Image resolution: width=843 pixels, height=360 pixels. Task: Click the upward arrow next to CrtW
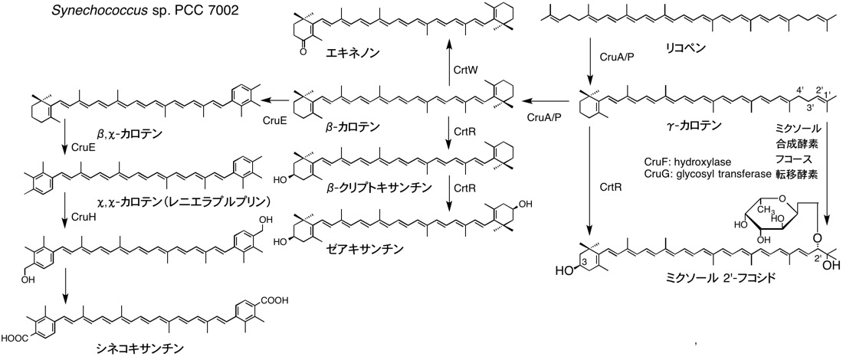tap(451, 74)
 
